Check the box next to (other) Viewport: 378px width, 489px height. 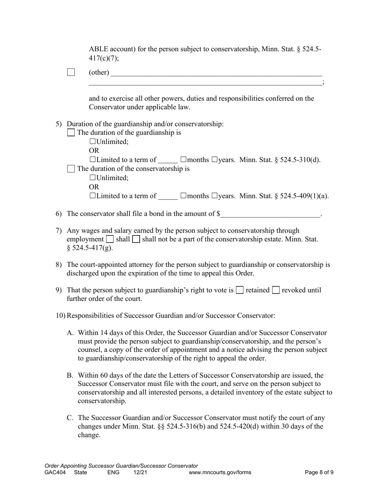click(x=71, y=72)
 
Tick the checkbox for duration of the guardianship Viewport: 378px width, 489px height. click(x=71, y=133)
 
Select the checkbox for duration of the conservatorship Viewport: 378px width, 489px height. click(x=71, y=169)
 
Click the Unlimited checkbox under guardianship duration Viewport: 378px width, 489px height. click(x=93, y=142)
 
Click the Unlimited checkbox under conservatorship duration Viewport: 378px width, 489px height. click(x=93, y=178)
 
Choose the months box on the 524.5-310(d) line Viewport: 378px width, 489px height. click(x=183, y=160)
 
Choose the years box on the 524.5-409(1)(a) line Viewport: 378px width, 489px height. click(x=215, y=196)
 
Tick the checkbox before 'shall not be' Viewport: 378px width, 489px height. click(x=136, y=239)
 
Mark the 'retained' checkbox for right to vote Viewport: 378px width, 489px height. click(x=240, y=290)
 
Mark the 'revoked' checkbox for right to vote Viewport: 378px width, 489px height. click(x=276, y=290)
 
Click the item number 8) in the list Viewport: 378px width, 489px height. click(x=58, y=264)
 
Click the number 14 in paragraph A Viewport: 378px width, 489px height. click(x=103, y=333)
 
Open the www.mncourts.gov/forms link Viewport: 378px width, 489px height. click(x=220, y=473)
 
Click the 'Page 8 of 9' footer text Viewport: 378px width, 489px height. click(x=319, y=473)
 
